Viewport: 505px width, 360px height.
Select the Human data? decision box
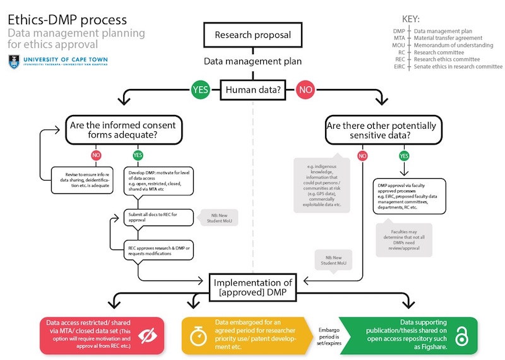point(252,90)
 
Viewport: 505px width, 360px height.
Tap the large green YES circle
point(200,90)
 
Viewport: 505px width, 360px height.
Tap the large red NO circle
point(306,90)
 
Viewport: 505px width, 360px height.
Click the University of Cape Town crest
point(13,62)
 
